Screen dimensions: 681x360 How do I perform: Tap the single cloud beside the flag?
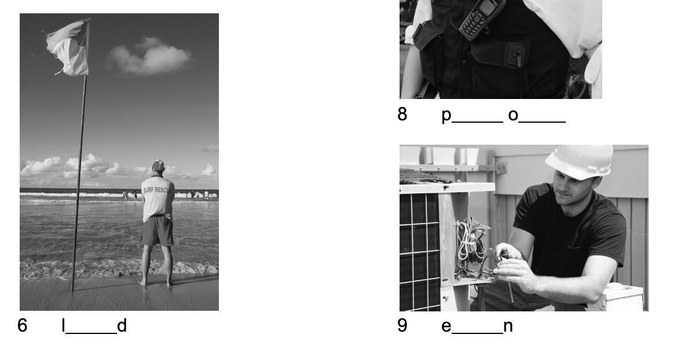tap(148, 57)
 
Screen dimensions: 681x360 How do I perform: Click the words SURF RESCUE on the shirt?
tap(158, 190)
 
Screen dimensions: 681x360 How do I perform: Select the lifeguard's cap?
tap(158, 165)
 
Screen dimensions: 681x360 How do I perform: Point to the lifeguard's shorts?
tap(158, 230)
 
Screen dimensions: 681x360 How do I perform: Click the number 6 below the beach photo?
tap(22, 325)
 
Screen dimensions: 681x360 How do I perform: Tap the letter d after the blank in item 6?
tap(122, 325)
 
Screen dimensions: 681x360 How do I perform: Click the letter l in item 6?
tap(64, 325)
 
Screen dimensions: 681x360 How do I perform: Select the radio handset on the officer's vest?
tap(482, 19)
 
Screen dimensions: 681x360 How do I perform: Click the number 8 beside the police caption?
tap(402, 114)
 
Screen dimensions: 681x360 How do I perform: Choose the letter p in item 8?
tap(446, 116)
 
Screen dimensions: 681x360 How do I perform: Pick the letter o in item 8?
tap(513, 115)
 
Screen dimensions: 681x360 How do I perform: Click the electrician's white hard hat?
tap(580, 161)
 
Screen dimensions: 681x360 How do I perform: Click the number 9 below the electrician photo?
tap(402, 325)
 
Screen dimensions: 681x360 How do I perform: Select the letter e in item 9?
tap(446, 326)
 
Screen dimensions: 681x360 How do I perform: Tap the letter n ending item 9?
tap(508, 326)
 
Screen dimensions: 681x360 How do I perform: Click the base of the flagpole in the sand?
tap(73, 289)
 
